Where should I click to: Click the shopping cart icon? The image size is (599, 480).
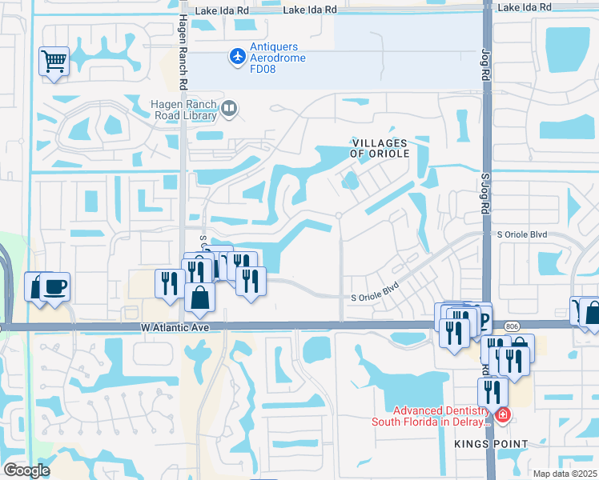(x=54, y=60)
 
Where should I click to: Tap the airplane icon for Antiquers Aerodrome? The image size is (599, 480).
(x=237, y=57)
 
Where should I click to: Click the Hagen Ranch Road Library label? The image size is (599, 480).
(x=184, y=110)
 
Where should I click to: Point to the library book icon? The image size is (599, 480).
(x=229, y=108)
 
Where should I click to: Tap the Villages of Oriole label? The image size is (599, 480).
(x=380, y=148)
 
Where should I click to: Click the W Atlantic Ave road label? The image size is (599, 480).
(x=175, y=327)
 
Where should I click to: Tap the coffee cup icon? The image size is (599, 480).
(x=54, y=286)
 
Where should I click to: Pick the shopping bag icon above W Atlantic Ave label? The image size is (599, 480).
(x=199, y=297)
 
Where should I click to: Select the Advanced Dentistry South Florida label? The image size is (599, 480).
(x=431, y=416)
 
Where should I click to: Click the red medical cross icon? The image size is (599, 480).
(x=502, y=415)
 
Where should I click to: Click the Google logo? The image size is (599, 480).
(x=26, y=470)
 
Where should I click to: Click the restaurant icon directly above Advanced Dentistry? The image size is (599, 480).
(x=492, y=391)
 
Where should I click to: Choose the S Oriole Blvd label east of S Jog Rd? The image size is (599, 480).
(x=521, y=234)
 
